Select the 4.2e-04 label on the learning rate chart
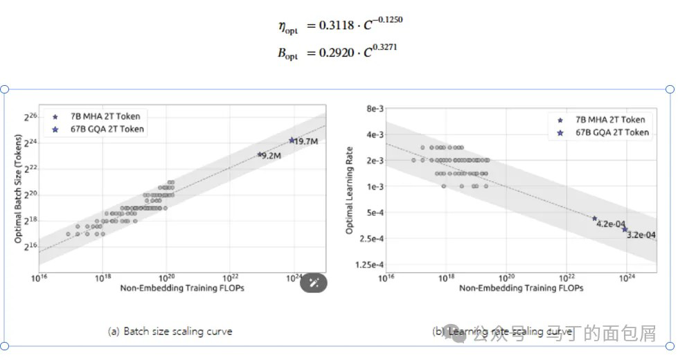612,224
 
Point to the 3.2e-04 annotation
641,235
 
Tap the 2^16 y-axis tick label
30,246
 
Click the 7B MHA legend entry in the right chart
609,120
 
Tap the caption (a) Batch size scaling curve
170,332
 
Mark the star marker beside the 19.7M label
292,140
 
